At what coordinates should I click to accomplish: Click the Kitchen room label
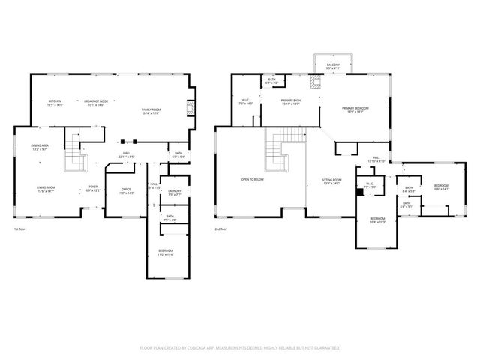pos(55,103)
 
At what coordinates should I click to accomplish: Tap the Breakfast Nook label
pos(95,103)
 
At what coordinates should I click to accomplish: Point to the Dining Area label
pos(40,147)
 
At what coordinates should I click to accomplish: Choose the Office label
pos(125,192)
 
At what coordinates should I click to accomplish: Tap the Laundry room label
pos(174,193)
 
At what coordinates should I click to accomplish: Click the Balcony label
pos(332,66)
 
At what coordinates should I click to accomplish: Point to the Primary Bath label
pos(291,102)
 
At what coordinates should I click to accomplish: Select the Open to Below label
pos(253,180)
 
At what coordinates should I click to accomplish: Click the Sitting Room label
pos(331,181)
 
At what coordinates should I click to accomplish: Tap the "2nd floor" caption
pos(221,229)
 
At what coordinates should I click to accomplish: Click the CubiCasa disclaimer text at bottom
pos(240,348)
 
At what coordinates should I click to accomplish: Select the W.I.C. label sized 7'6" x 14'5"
pos(244,102)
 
